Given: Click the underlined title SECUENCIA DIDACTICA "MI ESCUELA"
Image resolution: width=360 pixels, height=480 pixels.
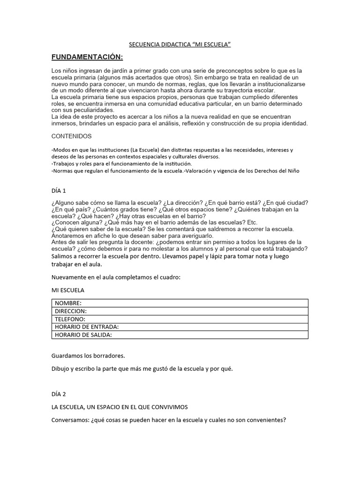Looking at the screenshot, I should coord(180,45).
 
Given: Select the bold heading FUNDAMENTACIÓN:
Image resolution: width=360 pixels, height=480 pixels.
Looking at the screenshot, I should coord(87,57).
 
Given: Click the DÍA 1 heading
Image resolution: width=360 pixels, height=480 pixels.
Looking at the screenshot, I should coord(59,191).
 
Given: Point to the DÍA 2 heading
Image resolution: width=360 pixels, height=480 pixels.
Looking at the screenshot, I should coord(59,394).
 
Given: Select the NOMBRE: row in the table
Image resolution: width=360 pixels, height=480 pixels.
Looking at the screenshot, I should coord(68,303).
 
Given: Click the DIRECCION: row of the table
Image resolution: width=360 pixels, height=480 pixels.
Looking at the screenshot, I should coord(71,311).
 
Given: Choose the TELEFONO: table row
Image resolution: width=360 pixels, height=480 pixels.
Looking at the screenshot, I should coord(70,319).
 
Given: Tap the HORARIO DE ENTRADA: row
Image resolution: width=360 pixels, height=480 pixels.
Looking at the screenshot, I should coord(86,327).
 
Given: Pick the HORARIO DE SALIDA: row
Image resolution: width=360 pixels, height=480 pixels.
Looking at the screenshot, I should coord(83,335).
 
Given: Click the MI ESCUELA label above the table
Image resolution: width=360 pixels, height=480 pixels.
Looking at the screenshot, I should coord(68,290).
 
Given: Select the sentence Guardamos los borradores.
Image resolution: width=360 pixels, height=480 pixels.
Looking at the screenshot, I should coord(88,355).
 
